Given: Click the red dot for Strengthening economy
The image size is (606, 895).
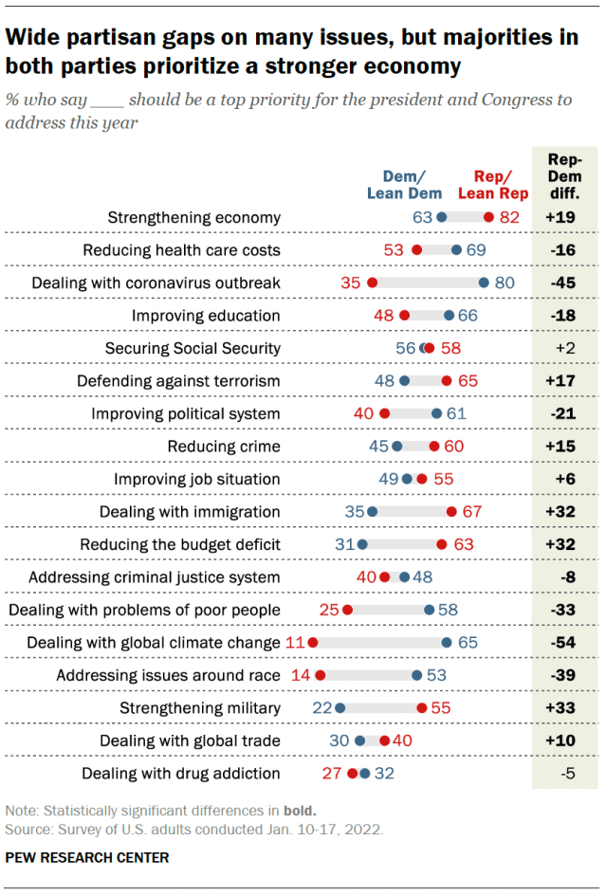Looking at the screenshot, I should (x=488, y=217).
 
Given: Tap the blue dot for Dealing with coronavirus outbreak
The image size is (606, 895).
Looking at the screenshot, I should (x=484, y=283).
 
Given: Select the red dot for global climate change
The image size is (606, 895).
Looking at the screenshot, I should (x=312, y=643).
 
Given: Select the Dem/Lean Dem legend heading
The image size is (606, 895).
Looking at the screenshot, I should (x=397, y=185).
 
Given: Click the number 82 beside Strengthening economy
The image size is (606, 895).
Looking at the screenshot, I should (x=509, y=217).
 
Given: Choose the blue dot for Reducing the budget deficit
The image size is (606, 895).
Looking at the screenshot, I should (x=361, y=544).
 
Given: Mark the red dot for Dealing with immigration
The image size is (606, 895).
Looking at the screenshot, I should (x=452, y=512).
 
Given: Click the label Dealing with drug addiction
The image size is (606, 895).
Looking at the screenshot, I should (x=181, y=774).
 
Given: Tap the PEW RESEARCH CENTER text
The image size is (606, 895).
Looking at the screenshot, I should (x=87, y=858).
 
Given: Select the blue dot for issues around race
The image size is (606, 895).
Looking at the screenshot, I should (x=416, y=675).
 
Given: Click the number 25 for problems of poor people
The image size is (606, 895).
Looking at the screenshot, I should (x=329, y=610).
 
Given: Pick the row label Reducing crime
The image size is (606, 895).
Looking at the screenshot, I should (x=224, y=447).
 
